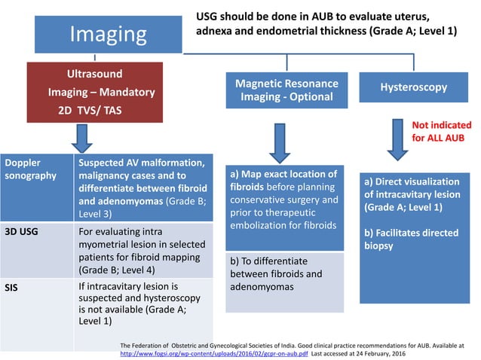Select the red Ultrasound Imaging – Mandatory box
102,93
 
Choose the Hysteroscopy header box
412,87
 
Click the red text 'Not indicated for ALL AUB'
441,132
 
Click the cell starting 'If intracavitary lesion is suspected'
142,304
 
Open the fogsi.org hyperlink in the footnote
214,352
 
